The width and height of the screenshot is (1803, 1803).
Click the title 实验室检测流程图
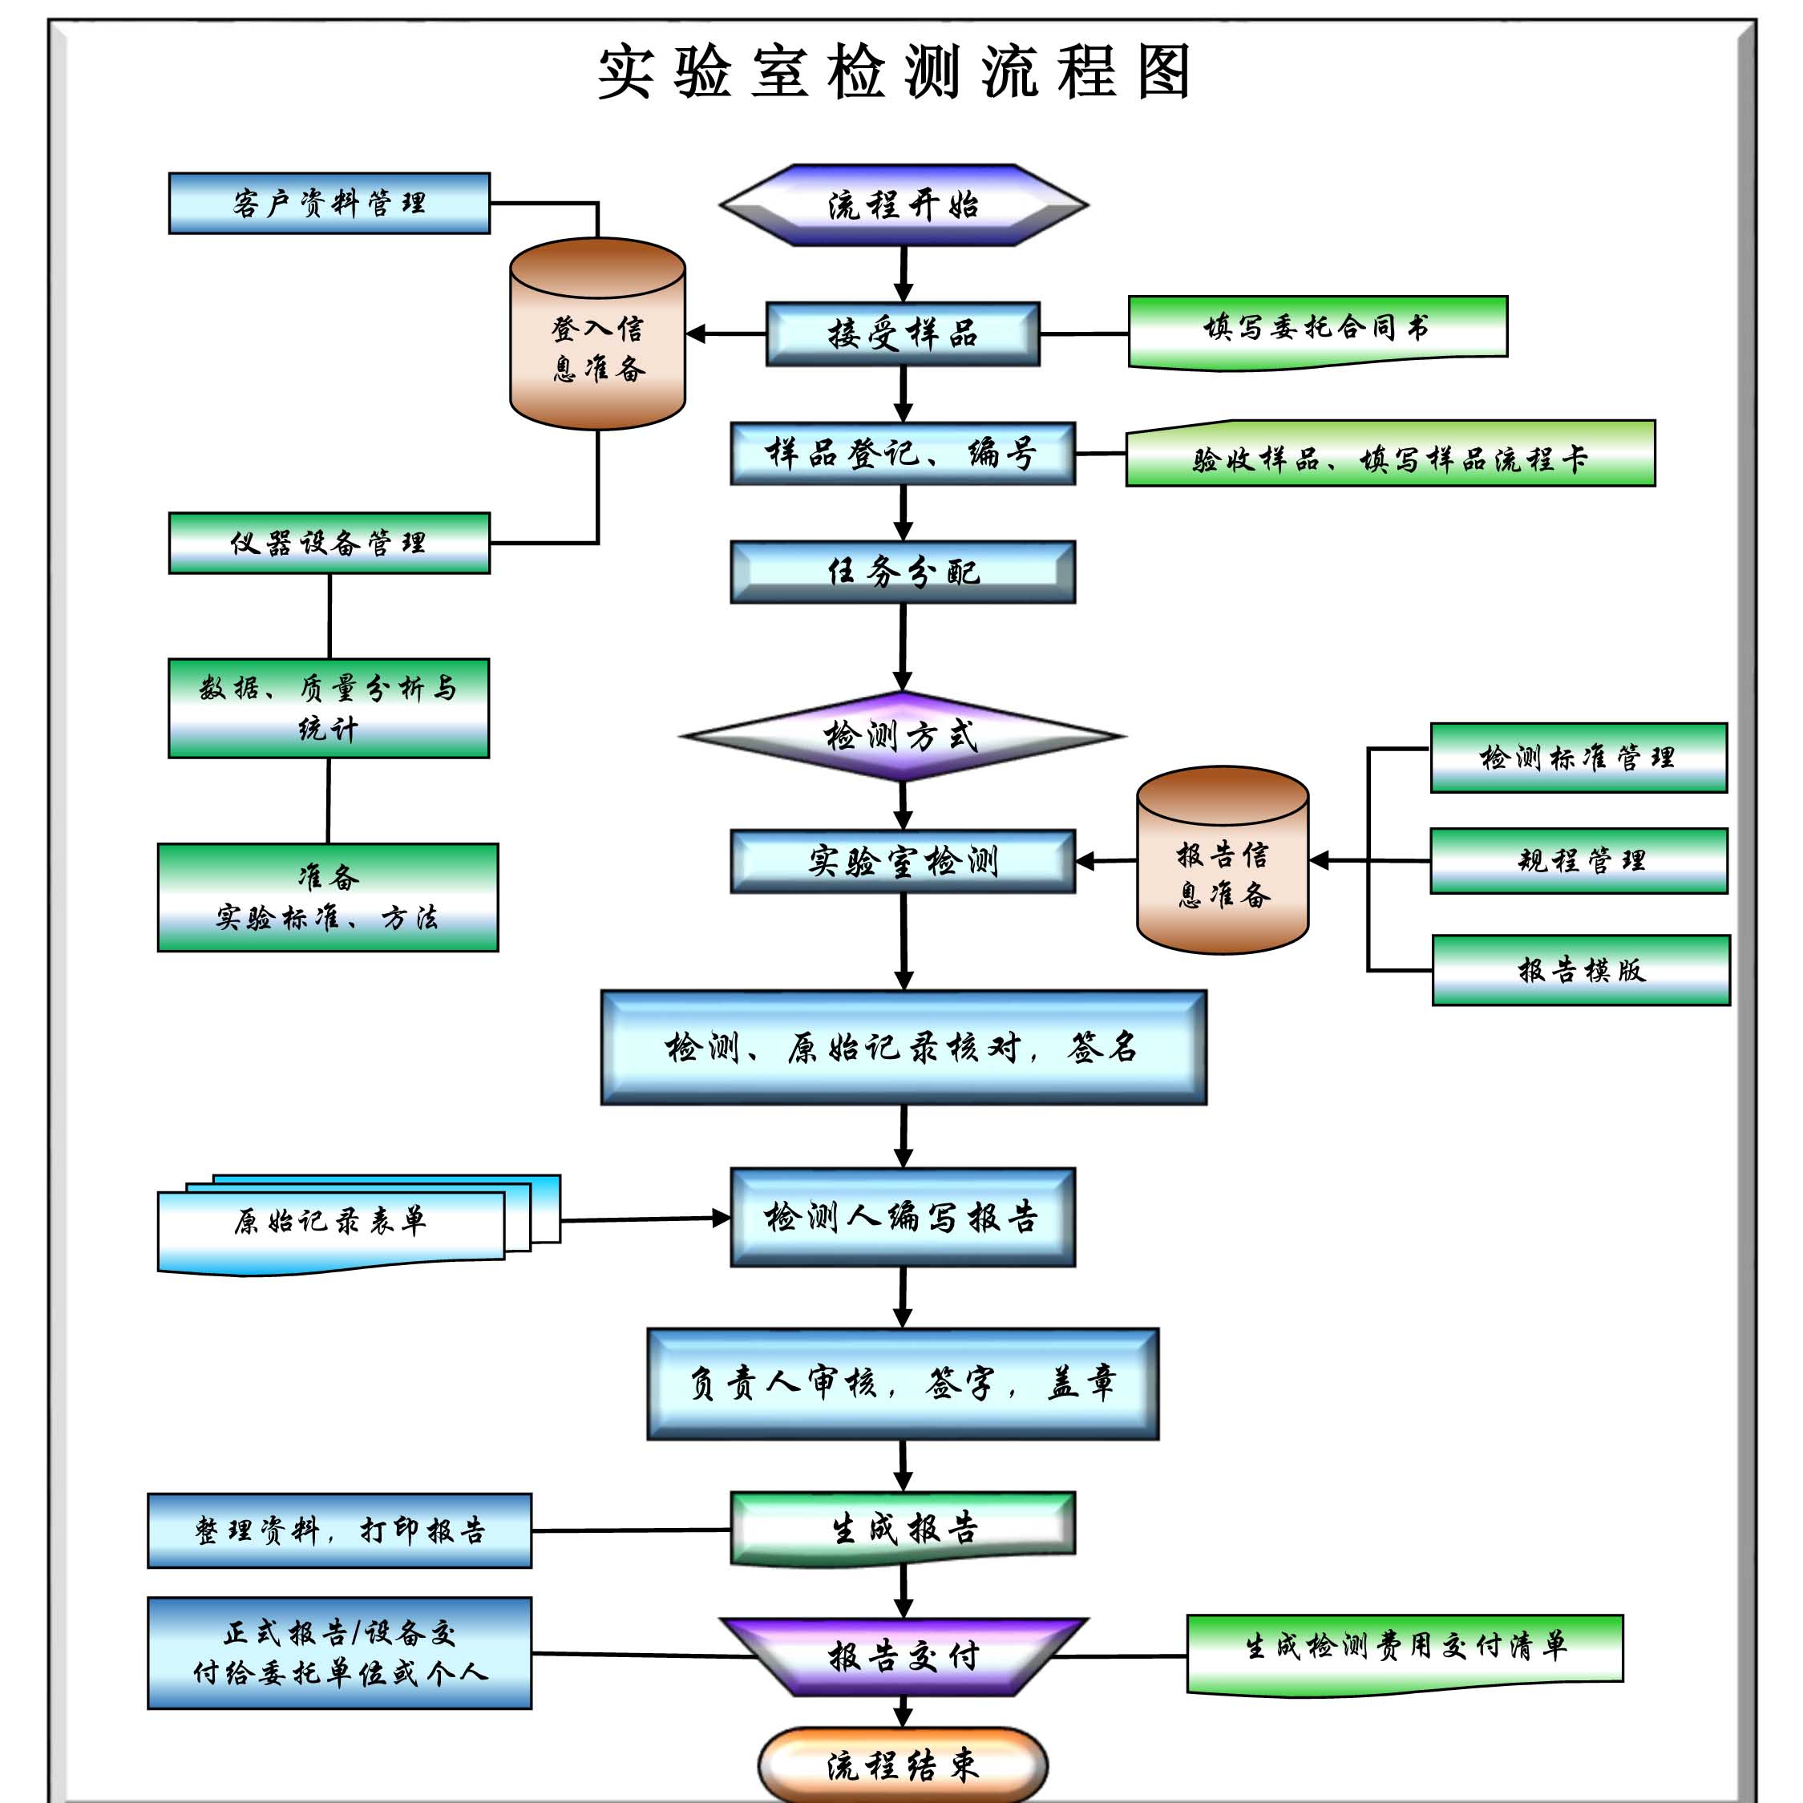pyautogui.click(x=894, y=73)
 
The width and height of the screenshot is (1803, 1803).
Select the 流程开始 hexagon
pyautogui.click(x=904, y=205)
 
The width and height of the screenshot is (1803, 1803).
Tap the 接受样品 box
pyautogui.click(x=904, y=334)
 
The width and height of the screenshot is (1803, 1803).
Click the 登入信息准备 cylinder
pyautogui.click(x=597, y=347)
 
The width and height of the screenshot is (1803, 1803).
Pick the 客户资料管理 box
pyautogui.click(x=329, y=204)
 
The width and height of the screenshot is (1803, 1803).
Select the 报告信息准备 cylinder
pyautogui.click(x=1223, y=872)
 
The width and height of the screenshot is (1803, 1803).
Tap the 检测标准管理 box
pyautogui.click(x=1578, y=758)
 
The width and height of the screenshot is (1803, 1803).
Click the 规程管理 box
pyautogui.click(x=1578, y=860)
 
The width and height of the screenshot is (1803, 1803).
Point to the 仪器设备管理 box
pyautogui.click(x=329, y=543)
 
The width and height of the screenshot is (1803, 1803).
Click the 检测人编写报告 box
pyautogui.click(x=904, y=1217)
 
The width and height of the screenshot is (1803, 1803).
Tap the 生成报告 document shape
pyautogui.click(x=904, y=1529)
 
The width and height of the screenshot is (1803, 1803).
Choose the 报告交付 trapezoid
pyautogui.click(x=904, y=1656)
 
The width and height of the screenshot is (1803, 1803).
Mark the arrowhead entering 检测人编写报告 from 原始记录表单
pyautogui.click(x=722, y=1218)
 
